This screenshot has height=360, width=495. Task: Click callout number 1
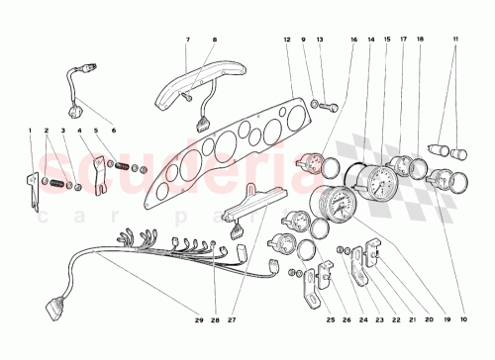pos(31,131)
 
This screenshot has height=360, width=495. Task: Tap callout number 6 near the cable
pos(112,131)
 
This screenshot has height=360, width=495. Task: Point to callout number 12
pos(286,41)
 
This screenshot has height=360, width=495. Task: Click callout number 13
pos(320,41)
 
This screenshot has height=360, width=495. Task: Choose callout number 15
pos(386,41)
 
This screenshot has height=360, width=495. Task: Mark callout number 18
pos(420,41)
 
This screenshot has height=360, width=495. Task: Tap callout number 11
pos(455,41)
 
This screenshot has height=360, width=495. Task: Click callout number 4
pos(79,131)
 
